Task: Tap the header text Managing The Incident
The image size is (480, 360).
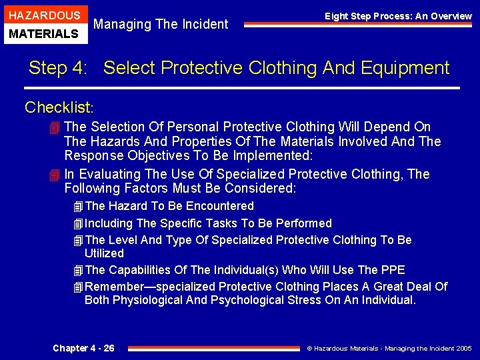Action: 161,25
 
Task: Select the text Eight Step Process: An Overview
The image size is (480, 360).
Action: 398,16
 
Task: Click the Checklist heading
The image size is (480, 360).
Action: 59,107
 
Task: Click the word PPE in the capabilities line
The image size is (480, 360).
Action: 392,270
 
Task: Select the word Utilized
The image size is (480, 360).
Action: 104,253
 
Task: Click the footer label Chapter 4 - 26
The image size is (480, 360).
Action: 83,348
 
